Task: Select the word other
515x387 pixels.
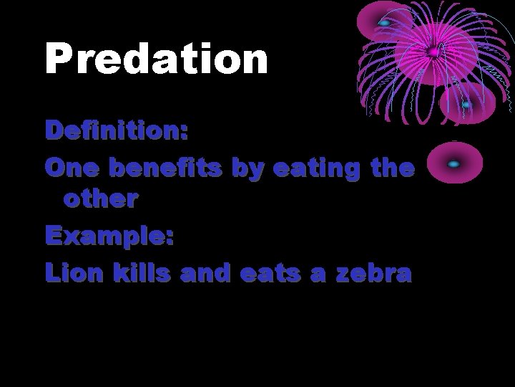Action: pyautogui.click(x=100, y=200)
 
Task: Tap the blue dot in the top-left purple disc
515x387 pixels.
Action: pyautogui.click(x=384, y=23)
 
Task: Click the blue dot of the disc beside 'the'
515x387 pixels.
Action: pyautogui.click(x=453, y=164)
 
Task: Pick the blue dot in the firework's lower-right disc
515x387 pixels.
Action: pyautogui.click(x=466, y=105)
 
